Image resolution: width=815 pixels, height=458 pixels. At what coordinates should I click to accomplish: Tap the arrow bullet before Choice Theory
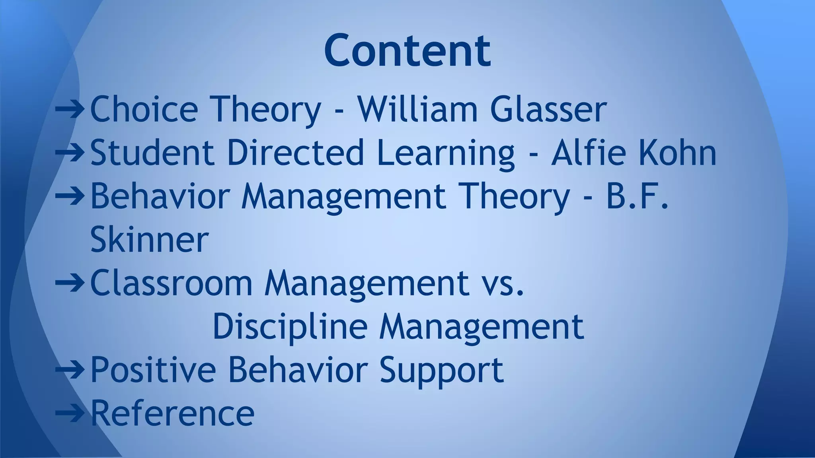tap(70, 108)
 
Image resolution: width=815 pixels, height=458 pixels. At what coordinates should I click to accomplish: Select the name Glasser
tap(548, 109)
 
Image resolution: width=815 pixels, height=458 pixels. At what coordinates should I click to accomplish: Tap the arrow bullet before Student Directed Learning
tap(70, 151)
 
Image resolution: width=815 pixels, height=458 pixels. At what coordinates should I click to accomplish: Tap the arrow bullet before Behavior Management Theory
tap(70, 195)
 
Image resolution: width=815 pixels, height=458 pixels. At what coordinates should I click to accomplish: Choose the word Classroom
tap(171, 283)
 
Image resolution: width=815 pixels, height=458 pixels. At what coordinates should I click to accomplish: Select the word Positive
tap(153, 370)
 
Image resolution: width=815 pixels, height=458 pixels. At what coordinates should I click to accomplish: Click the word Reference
tap(172, 413)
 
